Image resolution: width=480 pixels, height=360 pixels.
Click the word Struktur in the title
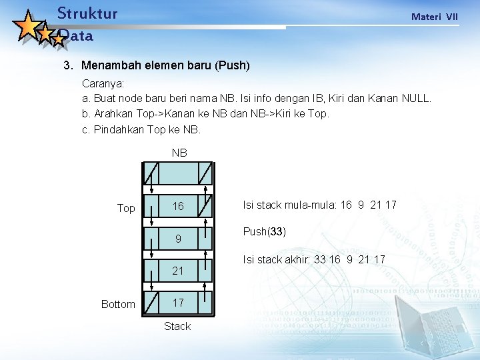point(87,13)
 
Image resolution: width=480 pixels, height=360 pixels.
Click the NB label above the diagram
point(179,153)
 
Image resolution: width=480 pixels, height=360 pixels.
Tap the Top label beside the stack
point(125,208)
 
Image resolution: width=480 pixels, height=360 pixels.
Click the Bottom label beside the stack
point(117,304)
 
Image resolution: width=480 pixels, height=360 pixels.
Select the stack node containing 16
point(178,207)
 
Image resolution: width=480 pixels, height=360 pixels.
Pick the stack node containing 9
point(178,239)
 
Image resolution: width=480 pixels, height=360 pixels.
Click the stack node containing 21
point(178,271)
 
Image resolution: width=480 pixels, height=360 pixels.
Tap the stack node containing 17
point(178,303)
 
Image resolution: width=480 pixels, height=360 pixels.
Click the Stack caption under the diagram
point(177,326)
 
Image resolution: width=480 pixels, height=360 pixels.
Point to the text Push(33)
point(265,231)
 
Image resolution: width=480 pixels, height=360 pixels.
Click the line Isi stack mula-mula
point(319,205)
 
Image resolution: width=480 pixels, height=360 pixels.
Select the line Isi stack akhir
point(314,259)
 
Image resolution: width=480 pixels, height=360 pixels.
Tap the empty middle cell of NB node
point(178,173)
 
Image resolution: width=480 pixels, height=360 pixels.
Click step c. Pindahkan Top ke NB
point(141,129)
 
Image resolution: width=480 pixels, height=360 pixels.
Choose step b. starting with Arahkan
point(205,113)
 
